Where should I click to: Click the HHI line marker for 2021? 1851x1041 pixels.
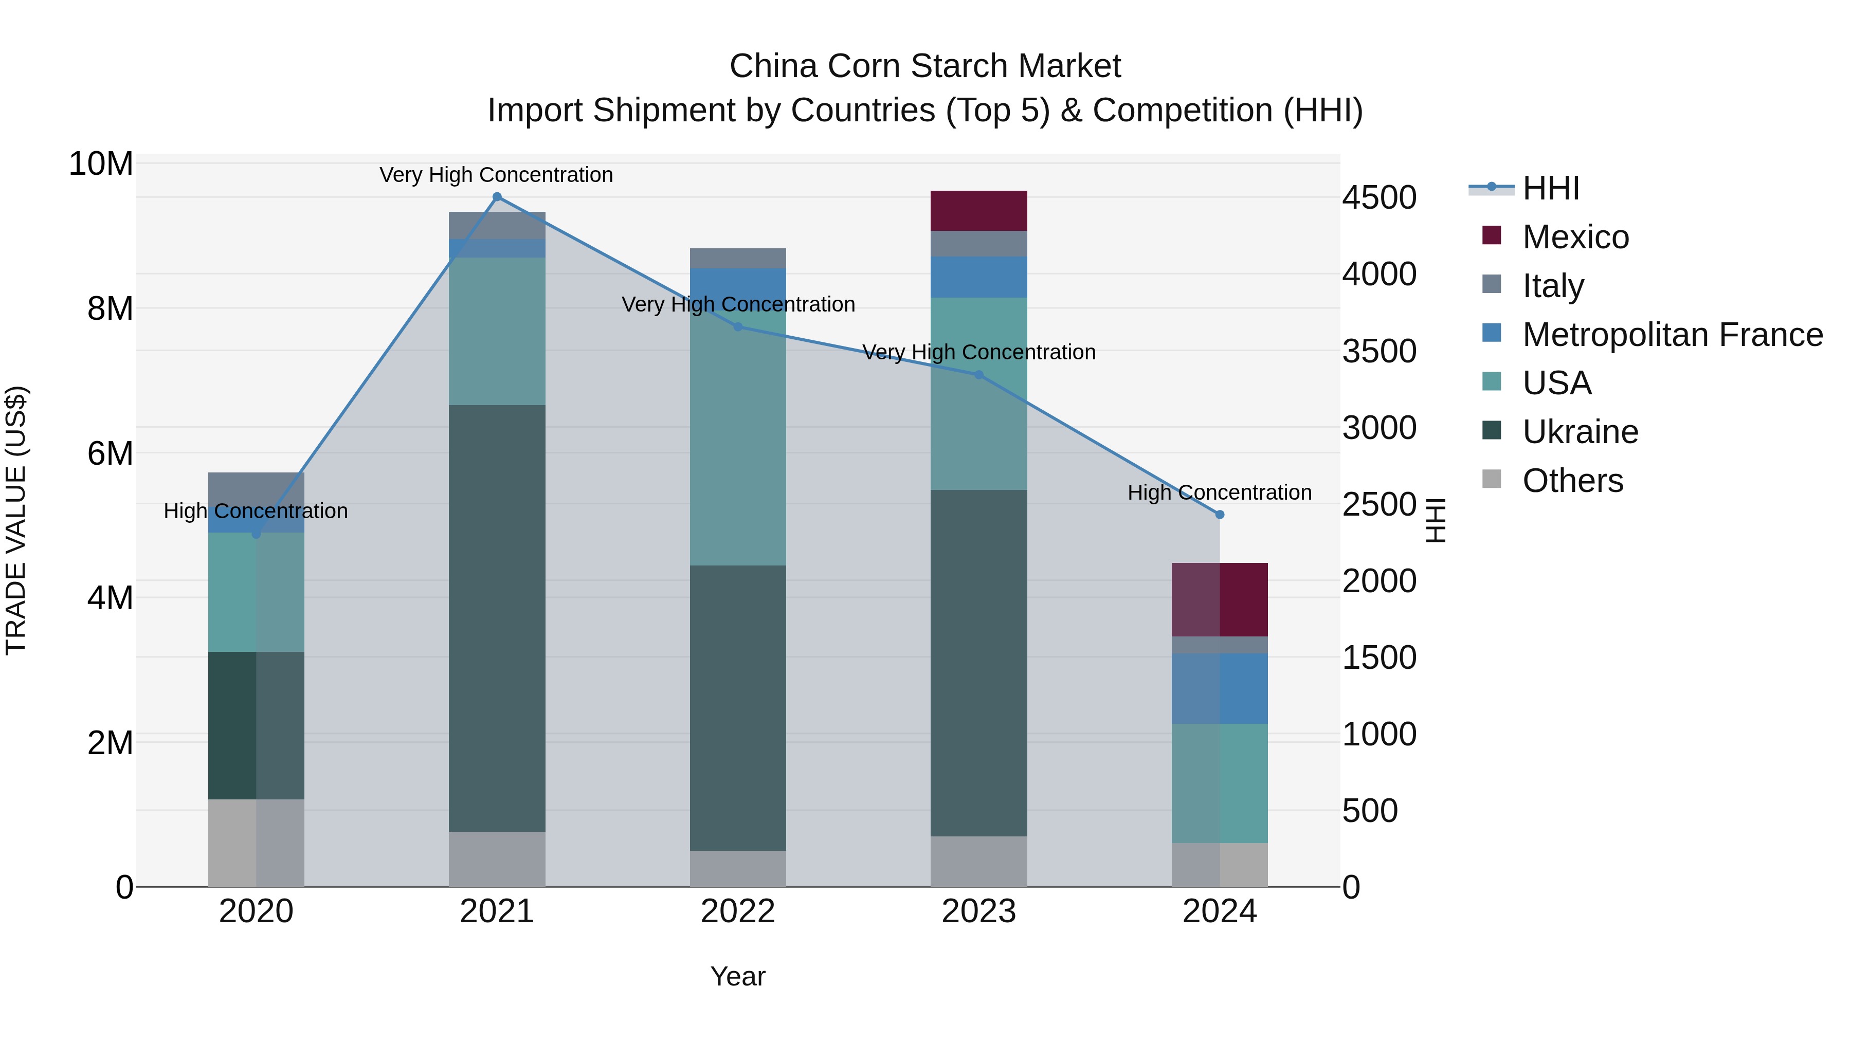click(497, 197)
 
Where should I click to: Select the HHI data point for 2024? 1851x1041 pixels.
click(1220, 515)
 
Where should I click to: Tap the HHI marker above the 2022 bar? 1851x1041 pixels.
click(738, 327)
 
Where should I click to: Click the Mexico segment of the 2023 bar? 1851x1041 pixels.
click(978, 210)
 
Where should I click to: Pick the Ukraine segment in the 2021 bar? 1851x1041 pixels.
click(497, 618)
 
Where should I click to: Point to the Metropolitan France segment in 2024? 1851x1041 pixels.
click(1220, 688)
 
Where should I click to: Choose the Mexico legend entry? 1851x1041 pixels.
click(1575, 237)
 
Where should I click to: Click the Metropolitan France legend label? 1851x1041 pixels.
click(1672, 335)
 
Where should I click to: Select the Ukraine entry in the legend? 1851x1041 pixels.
click(1580, 432)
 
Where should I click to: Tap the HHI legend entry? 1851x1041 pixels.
click(1551, 188)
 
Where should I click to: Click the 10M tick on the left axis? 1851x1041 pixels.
click(101, 164)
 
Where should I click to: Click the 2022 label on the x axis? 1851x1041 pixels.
click(738, 911)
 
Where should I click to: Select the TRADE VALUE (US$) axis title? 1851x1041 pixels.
click(16, 520)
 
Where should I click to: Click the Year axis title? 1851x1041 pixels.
click(738, 976)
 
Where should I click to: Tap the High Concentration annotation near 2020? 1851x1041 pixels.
click(256, 511)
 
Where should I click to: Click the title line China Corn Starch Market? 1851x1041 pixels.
click(925, 66)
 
